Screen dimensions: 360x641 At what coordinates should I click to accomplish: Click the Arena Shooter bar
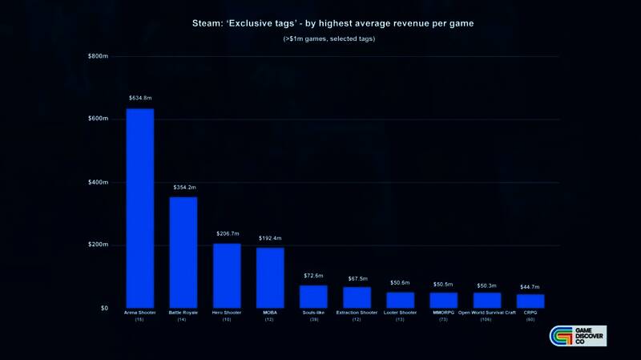(x=139, y=208)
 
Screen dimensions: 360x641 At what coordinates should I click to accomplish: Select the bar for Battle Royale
(x=183, y=253)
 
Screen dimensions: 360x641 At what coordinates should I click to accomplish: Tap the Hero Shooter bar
(x=227, y=276)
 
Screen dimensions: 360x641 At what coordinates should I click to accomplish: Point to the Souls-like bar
(x=313, y=297)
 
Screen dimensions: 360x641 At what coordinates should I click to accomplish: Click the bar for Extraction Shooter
(x=357, y=297)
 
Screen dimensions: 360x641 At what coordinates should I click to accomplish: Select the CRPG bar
(x=530, y=301)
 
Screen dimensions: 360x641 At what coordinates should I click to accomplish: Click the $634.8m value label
(x=139, y=98)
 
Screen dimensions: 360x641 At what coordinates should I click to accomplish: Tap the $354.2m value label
(x=183, y=187)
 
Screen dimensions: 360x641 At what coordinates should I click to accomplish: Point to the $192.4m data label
(x=270, y=238)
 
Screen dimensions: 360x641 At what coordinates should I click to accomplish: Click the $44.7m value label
(x=530, y=286)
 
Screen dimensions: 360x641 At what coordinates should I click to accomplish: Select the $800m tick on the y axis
(x=97, y=56)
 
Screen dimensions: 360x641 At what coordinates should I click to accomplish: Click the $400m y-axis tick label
(x=97, y=182)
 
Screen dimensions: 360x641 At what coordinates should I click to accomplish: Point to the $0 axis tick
(x=103, y=308)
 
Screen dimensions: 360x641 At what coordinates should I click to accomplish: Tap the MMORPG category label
(x=443, y=313)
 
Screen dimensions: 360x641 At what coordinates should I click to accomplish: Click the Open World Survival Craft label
(x=486, y=313)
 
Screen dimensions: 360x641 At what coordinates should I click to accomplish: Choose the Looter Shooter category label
(x=400, y=313)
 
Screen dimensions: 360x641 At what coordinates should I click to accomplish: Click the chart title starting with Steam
(x=333, y=23)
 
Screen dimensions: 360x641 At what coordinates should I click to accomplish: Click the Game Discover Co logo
(x=578, y=337)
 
